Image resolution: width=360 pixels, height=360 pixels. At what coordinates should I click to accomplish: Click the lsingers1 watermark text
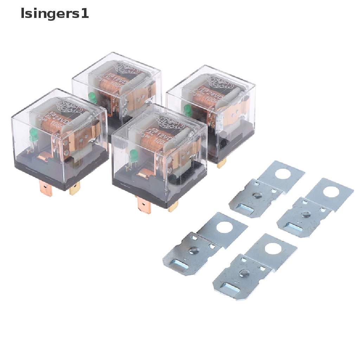pyautogui.click(x=54, y=14)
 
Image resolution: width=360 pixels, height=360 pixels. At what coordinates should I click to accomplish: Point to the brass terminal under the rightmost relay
pyautogui.click(x=221, y=163)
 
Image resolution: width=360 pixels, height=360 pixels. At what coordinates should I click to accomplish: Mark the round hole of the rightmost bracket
pyautogui.click(x=330, y=192)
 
